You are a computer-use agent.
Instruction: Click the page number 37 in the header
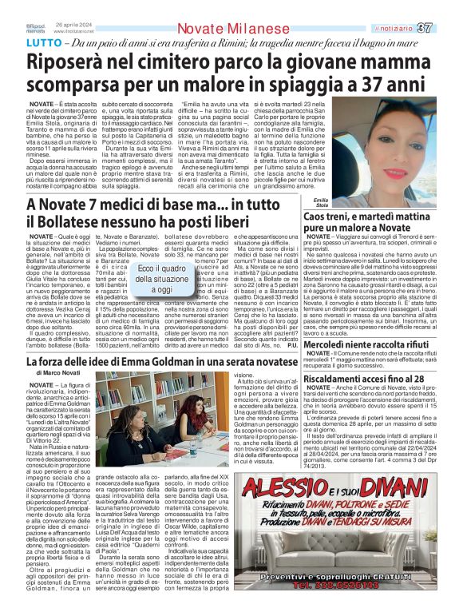click(448, 29)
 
